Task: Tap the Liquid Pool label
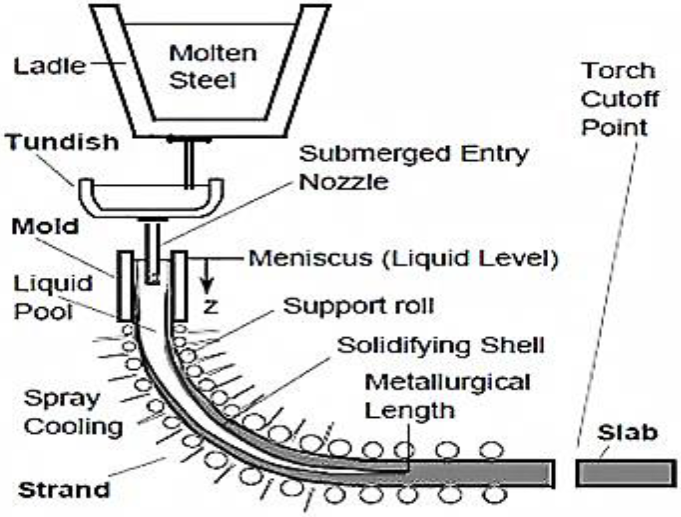click(52, 297)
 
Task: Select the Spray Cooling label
click(73, 412)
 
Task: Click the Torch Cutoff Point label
click(619, 99)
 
